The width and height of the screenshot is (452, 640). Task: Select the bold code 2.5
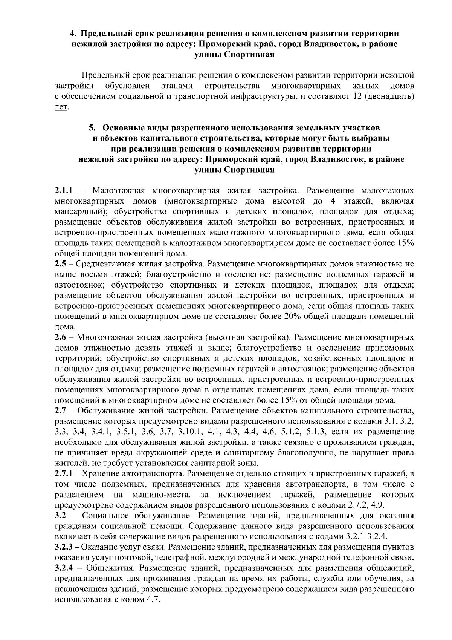[60, 263]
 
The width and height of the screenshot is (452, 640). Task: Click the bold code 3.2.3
[66, 547]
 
